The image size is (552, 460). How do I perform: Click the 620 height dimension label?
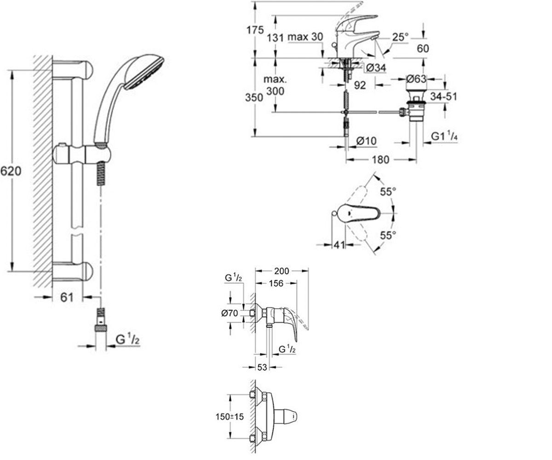coord(11,171)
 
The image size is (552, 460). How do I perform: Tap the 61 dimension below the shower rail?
coord(67,298)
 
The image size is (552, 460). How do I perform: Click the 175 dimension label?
coord(255,30)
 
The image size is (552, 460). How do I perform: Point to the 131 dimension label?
coord(275,38)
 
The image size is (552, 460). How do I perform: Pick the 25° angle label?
coord(400,37)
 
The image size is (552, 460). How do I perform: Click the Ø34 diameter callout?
coord(376,68)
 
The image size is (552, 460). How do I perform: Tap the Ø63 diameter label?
coord(416,79)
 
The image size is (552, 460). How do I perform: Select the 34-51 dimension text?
coord(443,97)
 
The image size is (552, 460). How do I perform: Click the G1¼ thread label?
coord(444,137)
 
